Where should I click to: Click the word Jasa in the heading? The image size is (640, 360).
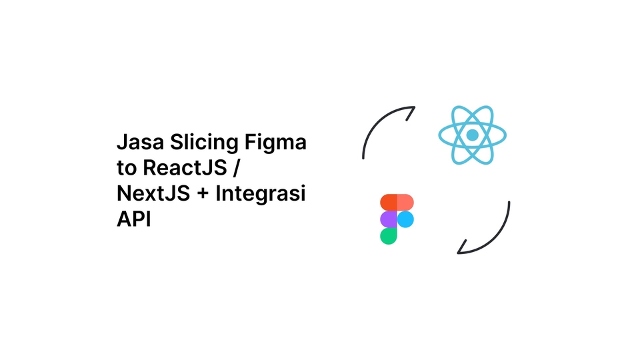[141, 142]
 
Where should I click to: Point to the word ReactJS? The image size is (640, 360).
[185, 168]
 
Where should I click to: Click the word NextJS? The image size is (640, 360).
[153, 193]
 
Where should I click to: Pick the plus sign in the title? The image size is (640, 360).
[203, 194]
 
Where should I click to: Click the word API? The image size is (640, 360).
[134, 219]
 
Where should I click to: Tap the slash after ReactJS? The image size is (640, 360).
[235, 168]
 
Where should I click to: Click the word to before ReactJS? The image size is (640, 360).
[127, 169]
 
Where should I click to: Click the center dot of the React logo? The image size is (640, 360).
[472, 135]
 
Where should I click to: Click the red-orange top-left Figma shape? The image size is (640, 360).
[388, 203]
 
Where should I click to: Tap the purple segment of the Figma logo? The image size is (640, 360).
[388, 219]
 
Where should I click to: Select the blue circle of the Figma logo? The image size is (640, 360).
[405, 219]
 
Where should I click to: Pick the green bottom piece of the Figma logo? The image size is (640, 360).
[388, 236]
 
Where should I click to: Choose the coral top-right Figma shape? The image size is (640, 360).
[405, 203]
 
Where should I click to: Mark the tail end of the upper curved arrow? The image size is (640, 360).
[363, 158]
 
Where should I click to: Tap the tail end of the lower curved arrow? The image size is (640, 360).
[509, 202]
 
